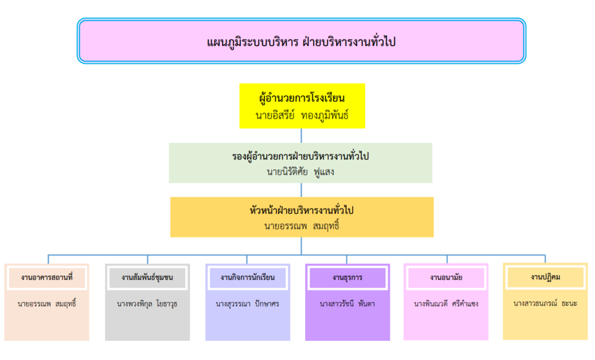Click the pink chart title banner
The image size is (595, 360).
tap(302, 41)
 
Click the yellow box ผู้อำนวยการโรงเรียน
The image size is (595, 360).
tap(302, 106)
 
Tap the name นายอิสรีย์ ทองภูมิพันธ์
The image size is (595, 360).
tap(302, 116)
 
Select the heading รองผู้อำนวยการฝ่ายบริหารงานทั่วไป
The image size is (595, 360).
tap(300, 156)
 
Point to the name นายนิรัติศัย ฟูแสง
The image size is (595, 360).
tap(300, 172)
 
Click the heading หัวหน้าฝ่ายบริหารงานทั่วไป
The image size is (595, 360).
tap(302, 210)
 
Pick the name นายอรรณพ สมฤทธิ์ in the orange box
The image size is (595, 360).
tap(302, 226)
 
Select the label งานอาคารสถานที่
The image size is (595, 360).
tap(46, 278)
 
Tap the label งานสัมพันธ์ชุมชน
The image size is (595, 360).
tap(147, 278)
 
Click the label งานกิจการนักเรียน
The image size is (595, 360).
tap(248, 278)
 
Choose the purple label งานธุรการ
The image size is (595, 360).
tap(347, 278)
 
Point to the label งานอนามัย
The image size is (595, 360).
tap(446, 278)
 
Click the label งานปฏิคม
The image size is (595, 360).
tap(545, 277)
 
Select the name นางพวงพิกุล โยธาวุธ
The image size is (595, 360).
tap(147, 304)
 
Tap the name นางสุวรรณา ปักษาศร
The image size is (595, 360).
tap(248, 304)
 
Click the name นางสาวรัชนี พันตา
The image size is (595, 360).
tap(347, 304)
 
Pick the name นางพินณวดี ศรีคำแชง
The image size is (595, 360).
tap(446, 304)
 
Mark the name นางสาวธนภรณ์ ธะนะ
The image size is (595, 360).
tap(545, 303)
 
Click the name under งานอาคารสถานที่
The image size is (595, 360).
tap(46, 304)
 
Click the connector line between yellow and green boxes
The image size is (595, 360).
tap(302, 135)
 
